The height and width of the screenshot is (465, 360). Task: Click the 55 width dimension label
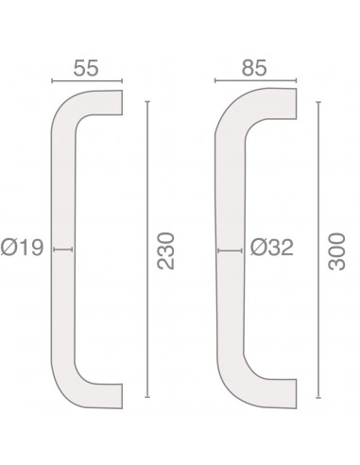[86, 68]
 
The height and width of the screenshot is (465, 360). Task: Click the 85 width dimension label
[254, 68]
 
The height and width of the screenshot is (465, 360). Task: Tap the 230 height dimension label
[165, 251]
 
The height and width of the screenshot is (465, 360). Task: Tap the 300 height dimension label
[336, 251]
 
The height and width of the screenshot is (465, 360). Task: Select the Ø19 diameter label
[22, 248]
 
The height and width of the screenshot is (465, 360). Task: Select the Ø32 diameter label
[271, 248]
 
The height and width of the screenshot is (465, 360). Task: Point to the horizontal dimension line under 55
[87, 81]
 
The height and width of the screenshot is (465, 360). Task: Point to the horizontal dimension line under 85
[255, 80]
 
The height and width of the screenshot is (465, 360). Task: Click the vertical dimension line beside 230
[147, 250]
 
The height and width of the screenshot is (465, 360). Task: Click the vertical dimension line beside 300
[318, 250]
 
